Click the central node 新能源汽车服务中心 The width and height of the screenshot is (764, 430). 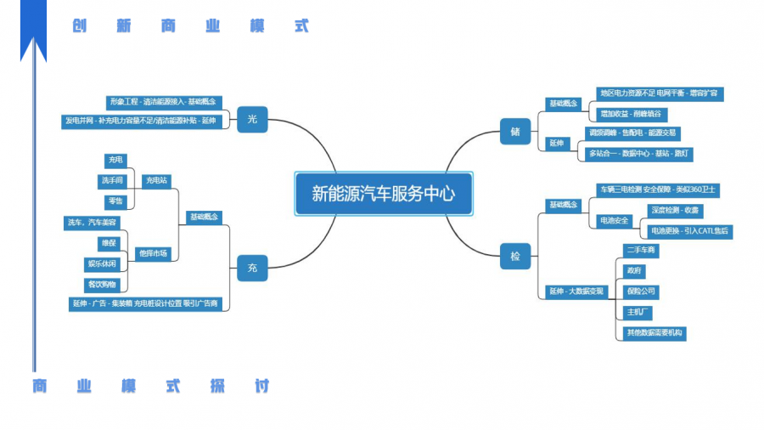[383, 194]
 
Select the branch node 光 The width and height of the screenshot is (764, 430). [252, 120]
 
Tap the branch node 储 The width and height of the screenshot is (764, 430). [514, 132]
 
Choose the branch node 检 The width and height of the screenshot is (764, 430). [514, 255]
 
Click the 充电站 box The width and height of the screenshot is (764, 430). [156, 180]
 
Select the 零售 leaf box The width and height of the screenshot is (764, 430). [115, 201]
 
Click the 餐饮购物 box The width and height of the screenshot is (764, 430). [102, 284]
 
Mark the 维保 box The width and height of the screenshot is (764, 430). [110, 243]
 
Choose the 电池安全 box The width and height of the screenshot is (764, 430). [615, 220]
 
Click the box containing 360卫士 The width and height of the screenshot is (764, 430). [658, 190]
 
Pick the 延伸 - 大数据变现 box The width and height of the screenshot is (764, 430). [576, 291]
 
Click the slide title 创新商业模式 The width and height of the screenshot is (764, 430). [191, 26]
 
